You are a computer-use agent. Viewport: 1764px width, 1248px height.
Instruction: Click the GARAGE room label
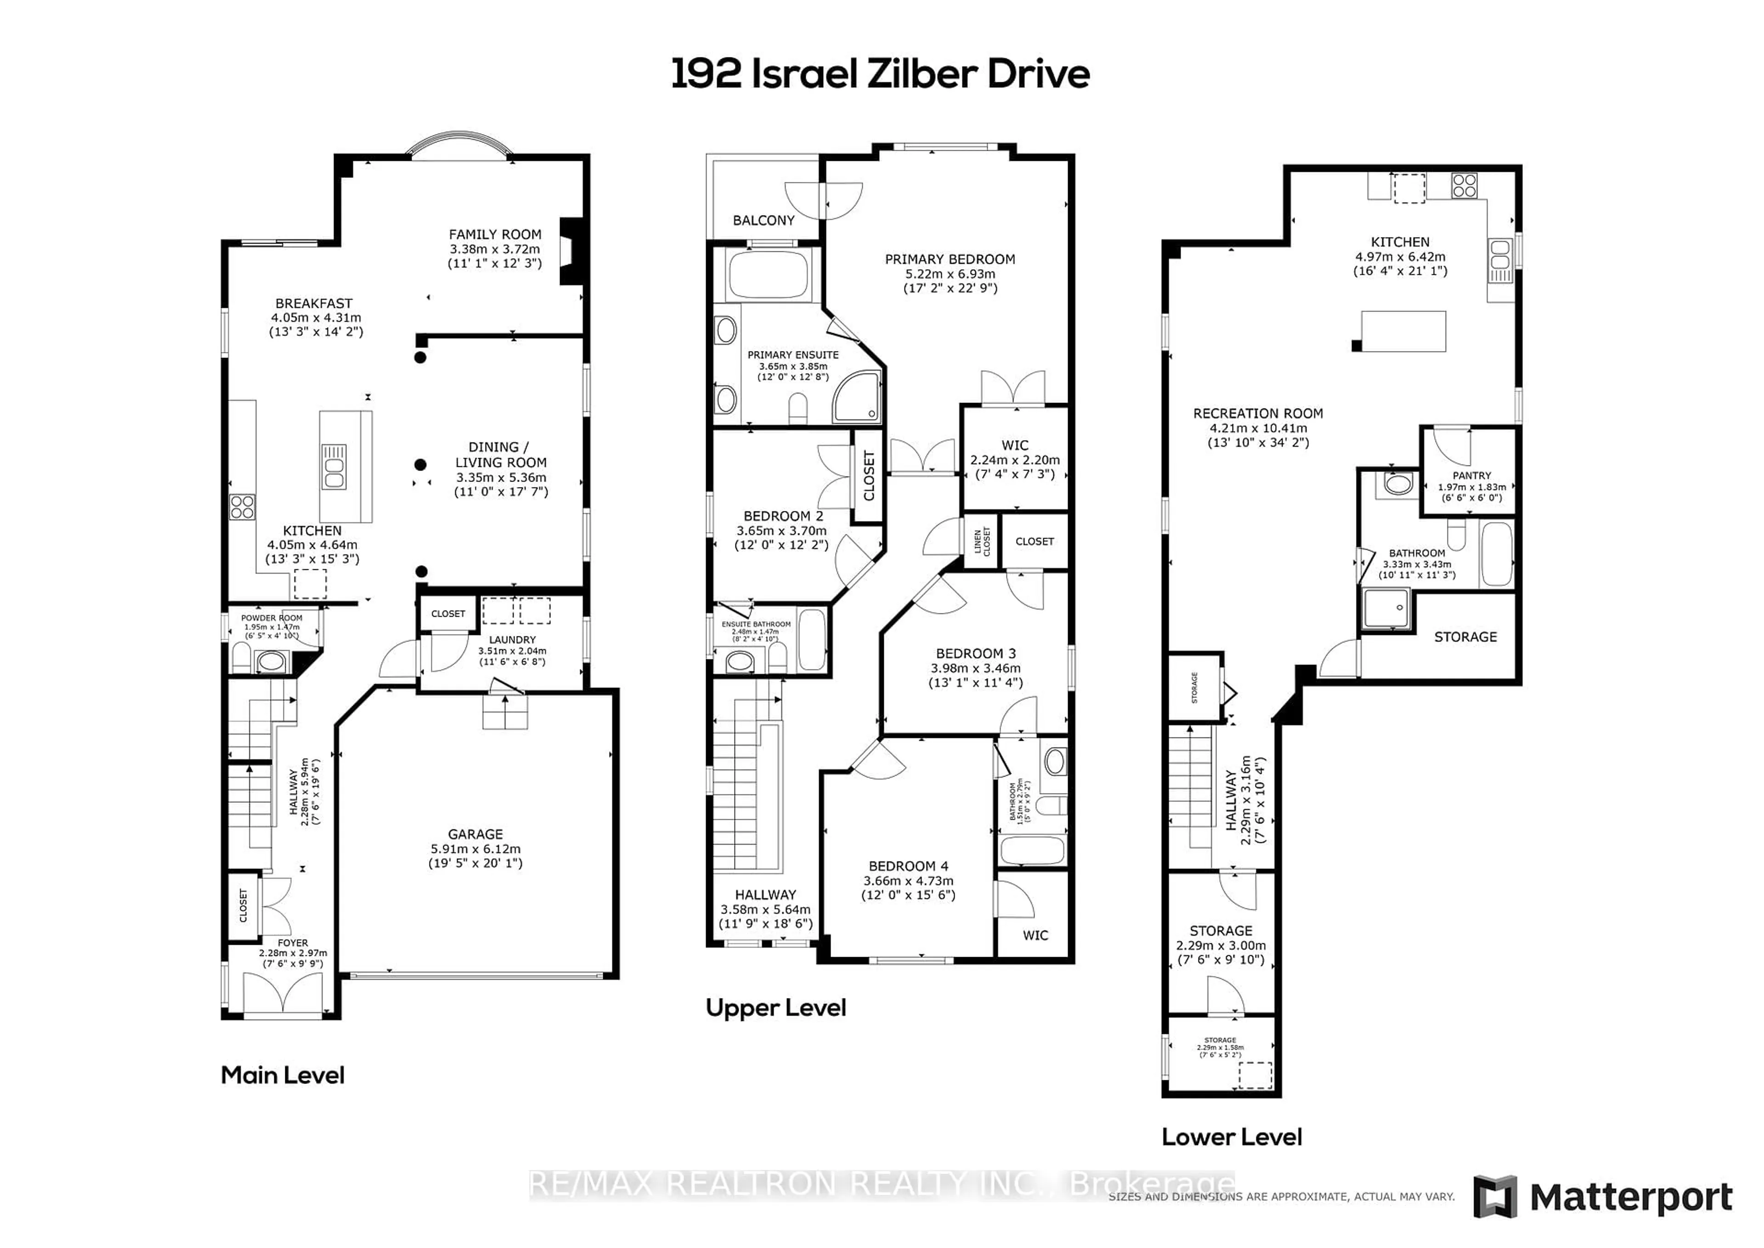point(475,834)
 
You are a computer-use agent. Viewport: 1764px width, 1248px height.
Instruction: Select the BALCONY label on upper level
point(763,221)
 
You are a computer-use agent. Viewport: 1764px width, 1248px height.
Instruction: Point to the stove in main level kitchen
point(242,507)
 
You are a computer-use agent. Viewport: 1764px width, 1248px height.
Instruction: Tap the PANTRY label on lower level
point(1471,476)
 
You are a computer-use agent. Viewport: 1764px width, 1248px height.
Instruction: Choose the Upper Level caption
point(775,1008)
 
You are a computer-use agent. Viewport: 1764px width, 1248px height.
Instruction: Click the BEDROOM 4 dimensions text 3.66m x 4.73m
point(908,881)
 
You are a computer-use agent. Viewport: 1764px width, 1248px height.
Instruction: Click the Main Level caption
point(282,1074)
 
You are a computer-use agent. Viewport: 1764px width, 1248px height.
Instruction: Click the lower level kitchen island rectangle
point(1403,331)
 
